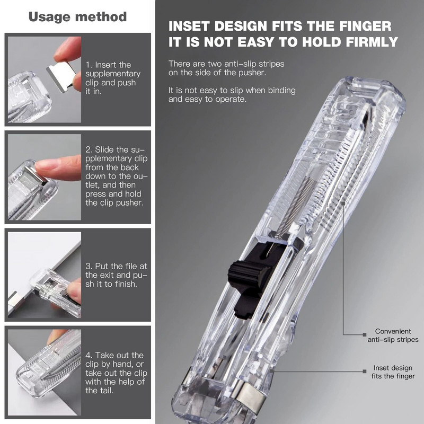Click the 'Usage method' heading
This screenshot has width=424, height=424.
[x=77, y=16]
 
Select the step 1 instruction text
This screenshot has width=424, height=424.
[x=113, y=78]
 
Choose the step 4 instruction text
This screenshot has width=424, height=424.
[x=114, y=373]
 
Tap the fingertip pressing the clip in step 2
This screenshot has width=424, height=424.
[x=50, y=168]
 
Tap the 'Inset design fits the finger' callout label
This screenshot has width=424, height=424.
[x=394, y=372]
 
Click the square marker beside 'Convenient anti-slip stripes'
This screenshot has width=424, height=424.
[x=364, y=334]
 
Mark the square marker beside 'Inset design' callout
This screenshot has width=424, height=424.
[x=364, y=371]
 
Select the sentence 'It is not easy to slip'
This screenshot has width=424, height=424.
[x=232, y=95]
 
